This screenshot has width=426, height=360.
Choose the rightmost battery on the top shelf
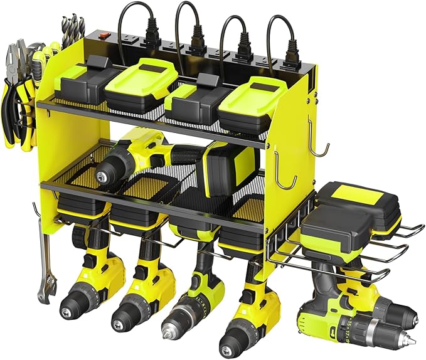pyautogui.click(x=252, y=95)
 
